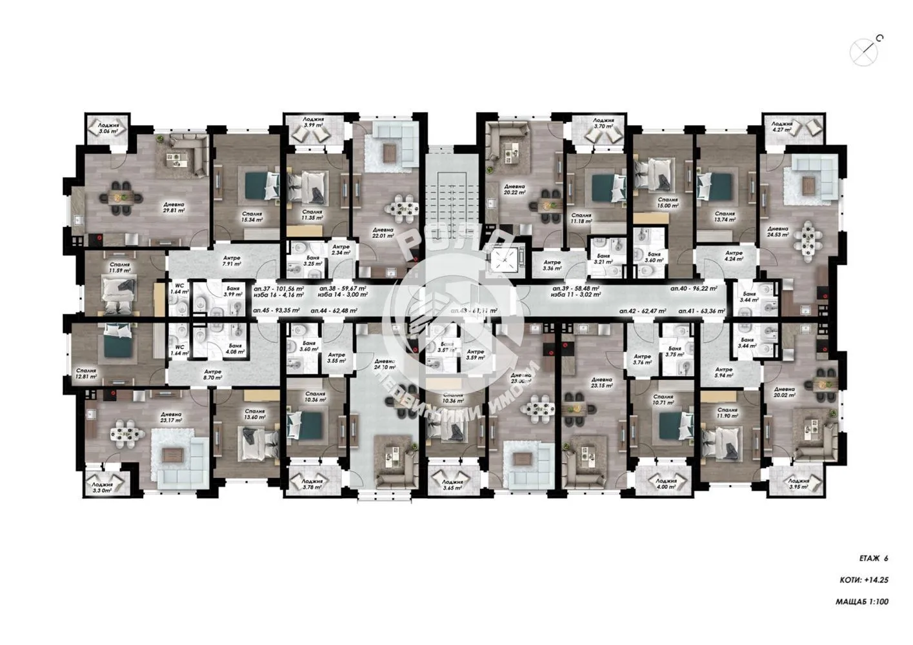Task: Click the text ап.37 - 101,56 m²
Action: (x=279, y=289)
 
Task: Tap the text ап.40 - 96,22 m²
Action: (x=696, y=289)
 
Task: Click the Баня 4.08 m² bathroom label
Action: (x=234, y=348)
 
